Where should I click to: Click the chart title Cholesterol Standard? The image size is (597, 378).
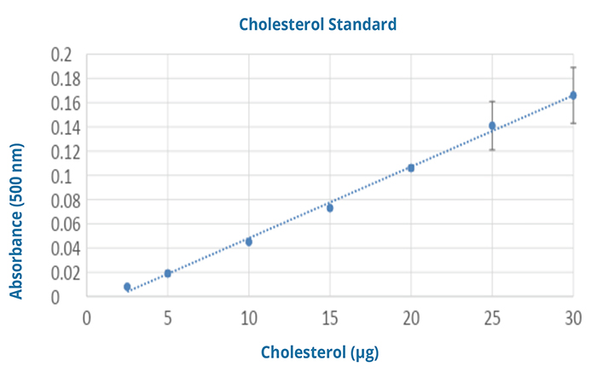point(317,24)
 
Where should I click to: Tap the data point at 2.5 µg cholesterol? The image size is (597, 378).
point(127,287)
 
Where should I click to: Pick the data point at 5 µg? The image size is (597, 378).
point(168,273)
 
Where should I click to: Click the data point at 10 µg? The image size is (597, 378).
point(249,241)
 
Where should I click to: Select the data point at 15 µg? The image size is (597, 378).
point(329,207)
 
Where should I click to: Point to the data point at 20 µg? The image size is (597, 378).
point(411,167)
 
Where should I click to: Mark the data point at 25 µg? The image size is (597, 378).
point(492,125)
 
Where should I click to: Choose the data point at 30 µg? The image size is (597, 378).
point(573,96)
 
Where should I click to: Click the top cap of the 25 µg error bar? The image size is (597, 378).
point(492,102)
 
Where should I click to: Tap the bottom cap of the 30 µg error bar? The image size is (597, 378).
point(573,123)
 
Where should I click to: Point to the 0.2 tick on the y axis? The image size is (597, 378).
point(61,55)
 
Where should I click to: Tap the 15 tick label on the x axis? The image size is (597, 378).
point(329,317)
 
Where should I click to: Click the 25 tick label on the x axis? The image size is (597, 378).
point(492,317)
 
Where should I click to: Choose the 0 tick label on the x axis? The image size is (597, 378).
point(87,317)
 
